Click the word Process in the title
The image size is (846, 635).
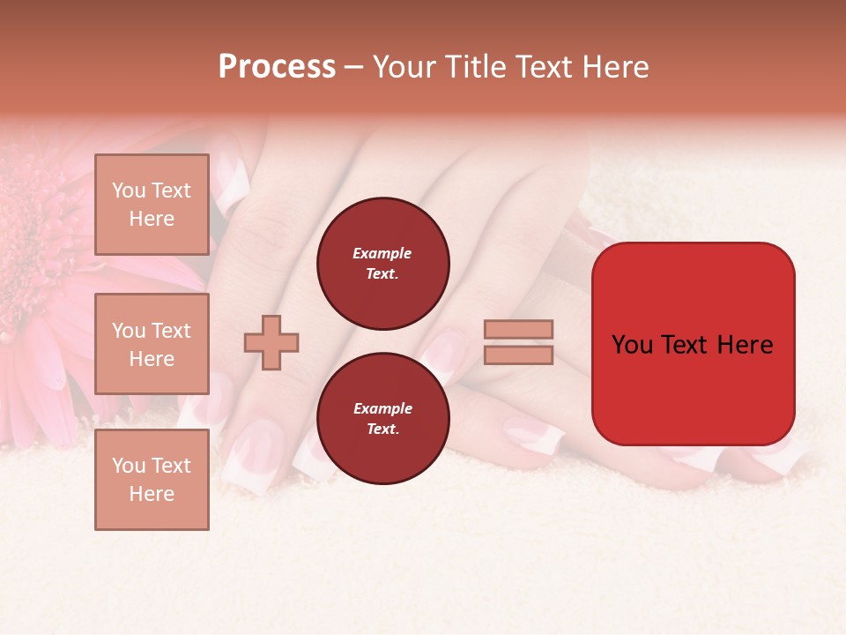coord(277,67)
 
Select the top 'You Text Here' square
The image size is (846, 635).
coord(152,205)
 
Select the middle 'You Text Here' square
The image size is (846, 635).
coord(152,344)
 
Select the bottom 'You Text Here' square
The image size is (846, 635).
coord(152,479)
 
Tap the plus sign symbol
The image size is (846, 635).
coord(271,342)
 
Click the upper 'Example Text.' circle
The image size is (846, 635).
coord(382,264)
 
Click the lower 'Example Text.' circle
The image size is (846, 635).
coord(382,419)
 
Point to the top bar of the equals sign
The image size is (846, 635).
coord(518,330)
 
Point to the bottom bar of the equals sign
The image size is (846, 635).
coord(518,355)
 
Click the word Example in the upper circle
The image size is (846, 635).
coord(382,254)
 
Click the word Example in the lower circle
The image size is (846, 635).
coord(382,409)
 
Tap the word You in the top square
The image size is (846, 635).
coord(128,190)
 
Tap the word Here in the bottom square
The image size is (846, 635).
coord(152,494)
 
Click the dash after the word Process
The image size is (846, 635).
coord(353,68)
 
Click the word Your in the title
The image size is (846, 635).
coord(404,67)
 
